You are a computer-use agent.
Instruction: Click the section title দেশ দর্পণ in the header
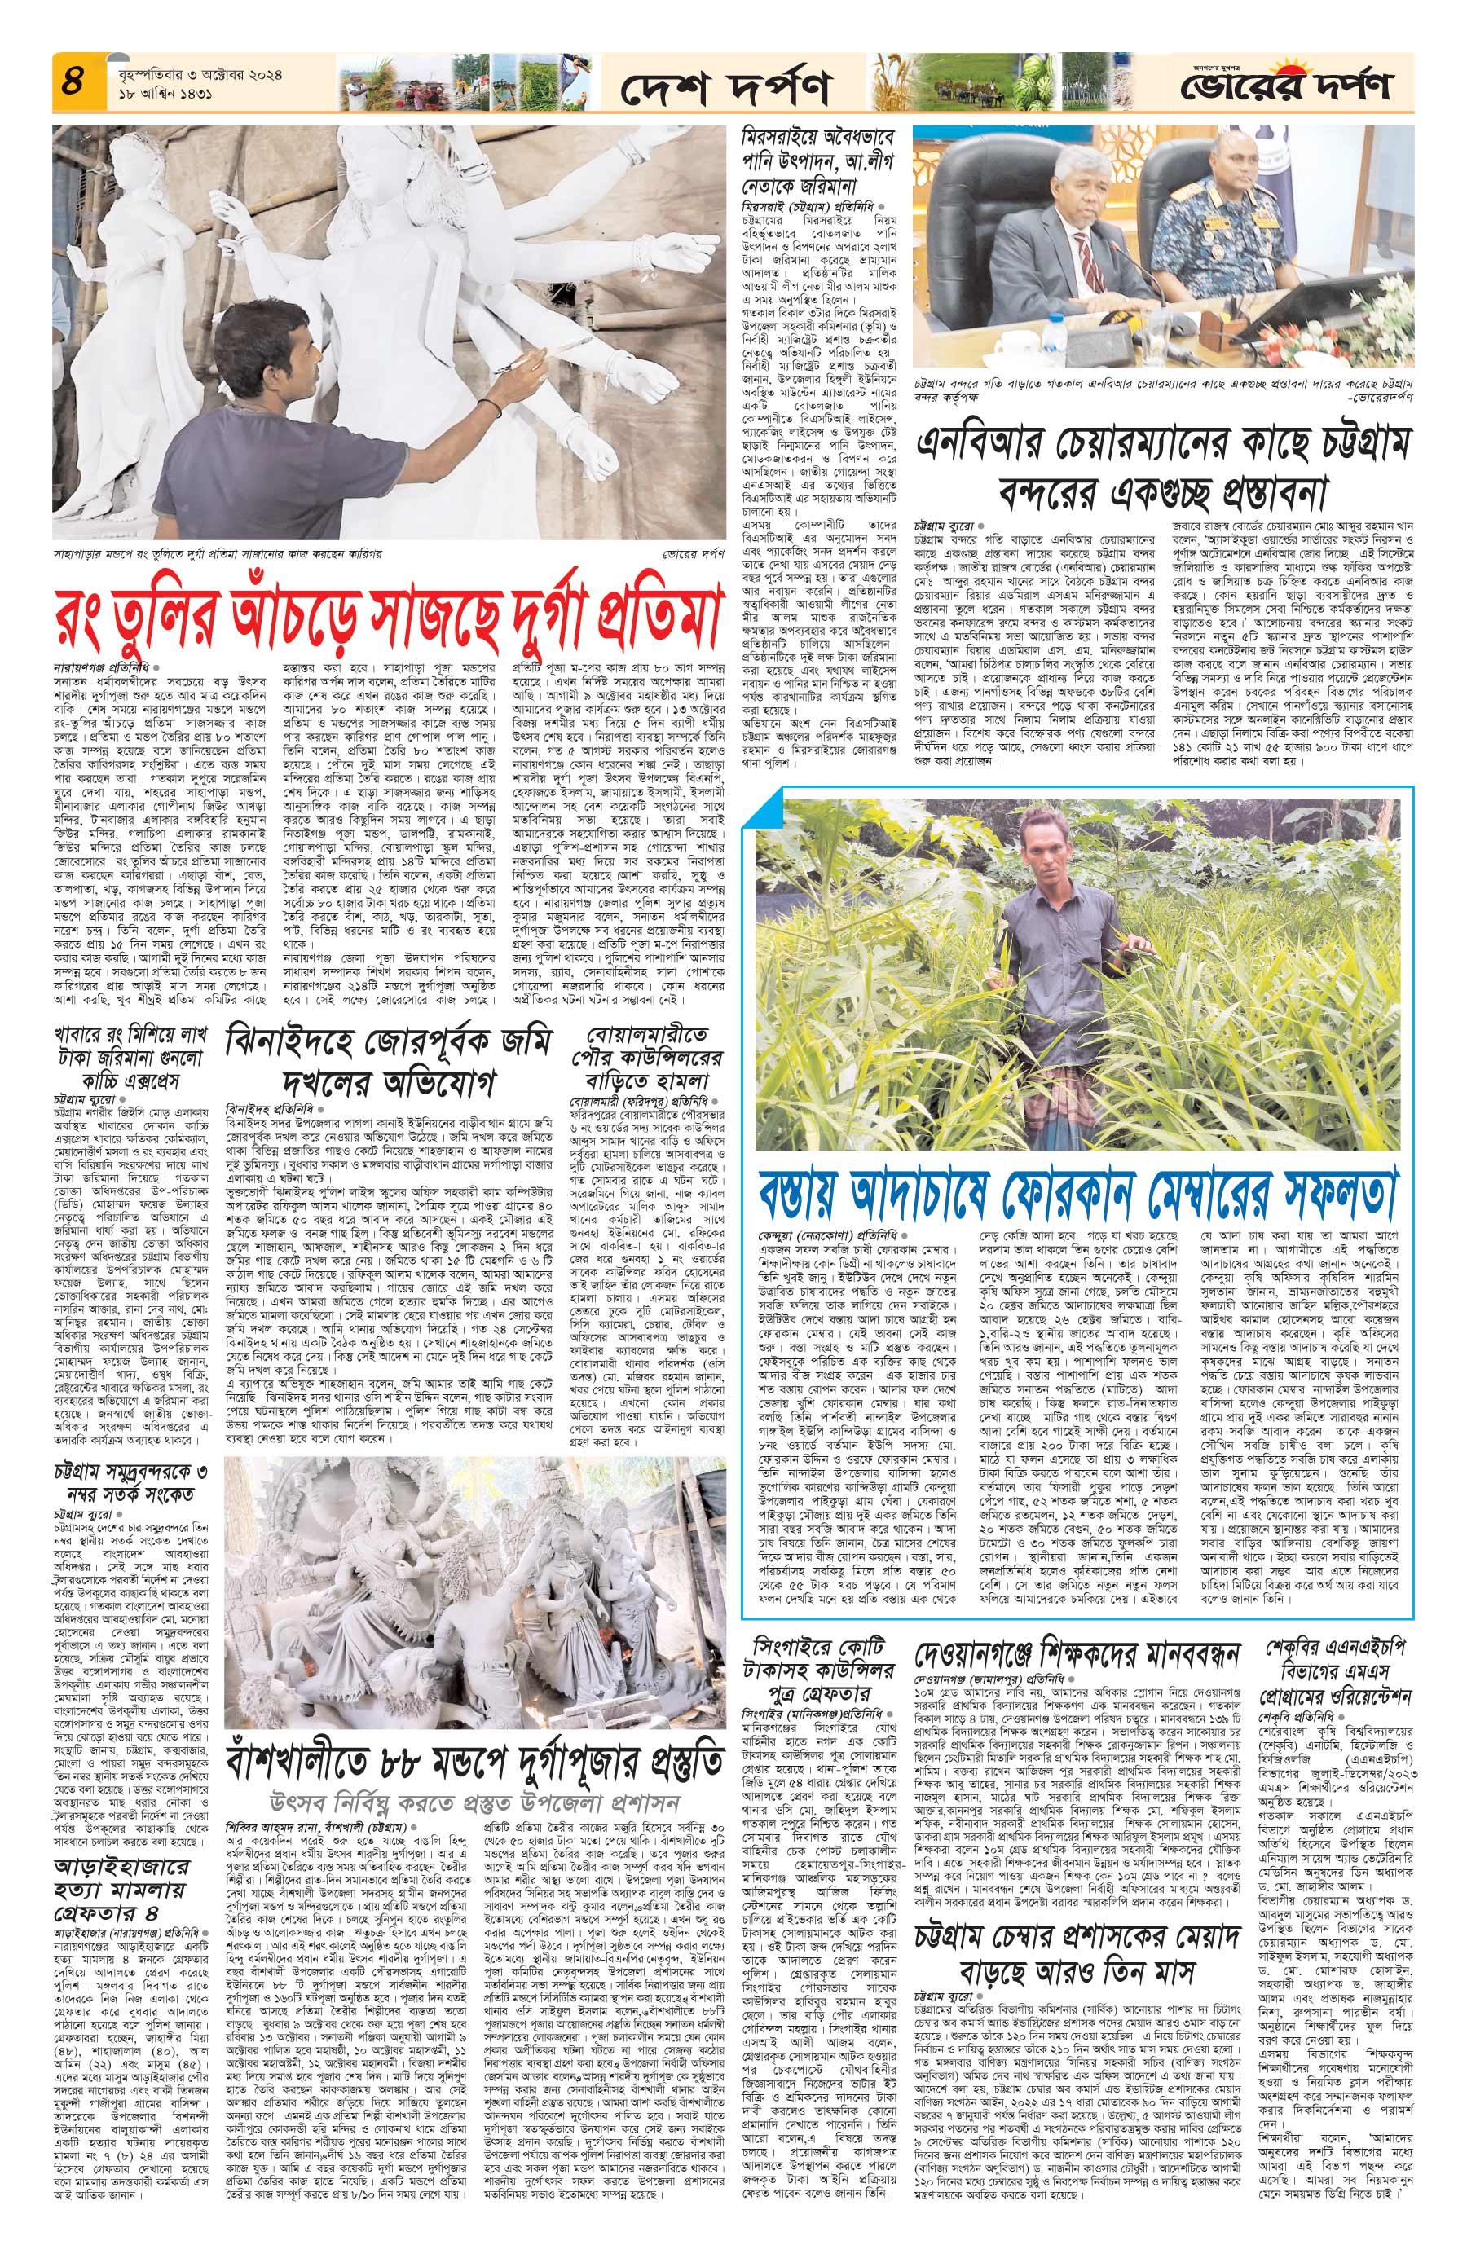point(725,87)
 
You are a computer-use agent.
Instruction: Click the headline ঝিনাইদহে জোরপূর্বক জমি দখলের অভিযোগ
point(386,1060)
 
